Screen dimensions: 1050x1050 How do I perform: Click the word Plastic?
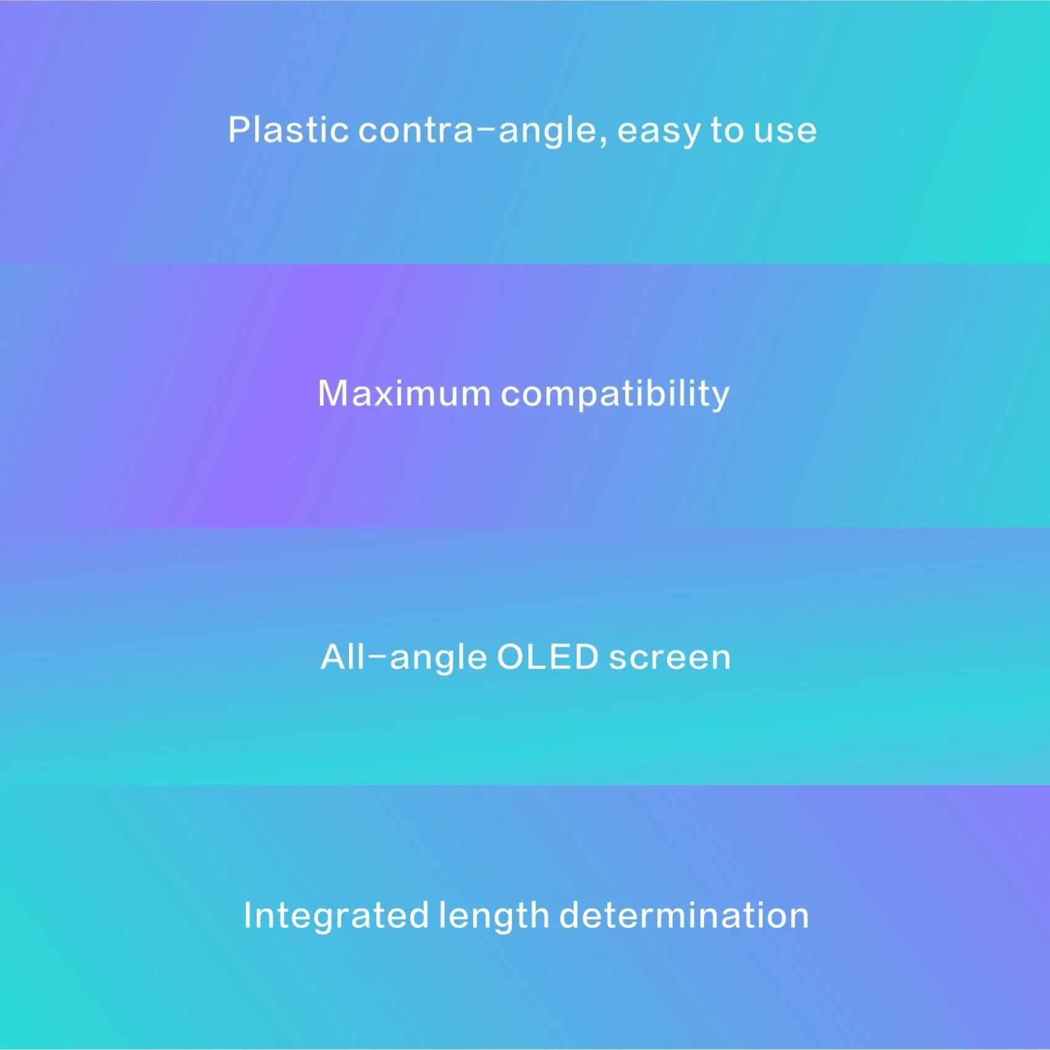click(x=288, y=130)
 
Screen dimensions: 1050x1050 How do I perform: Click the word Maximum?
click(x=404, y=393)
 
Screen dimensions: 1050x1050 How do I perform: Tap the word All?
click(x=343, y=657)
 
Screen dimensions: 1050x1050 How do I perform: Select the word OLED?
click(x=548, y=657)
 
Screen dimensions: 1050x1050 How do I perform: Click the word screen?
click(x=670, y=658)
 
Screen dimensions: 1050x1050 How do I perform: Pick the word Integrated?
click(x=336, y=915)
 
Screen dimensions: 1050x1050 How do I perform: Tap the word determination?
click(x=684, y=915)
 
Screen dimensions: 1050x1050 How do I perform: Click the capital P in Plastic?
click(x=239, y=130)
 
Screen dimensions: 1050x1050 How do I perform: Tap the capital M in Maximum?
click(x=333, y=393)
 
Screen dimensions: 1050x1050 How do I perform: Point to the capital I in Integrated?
click(x=248, y=915)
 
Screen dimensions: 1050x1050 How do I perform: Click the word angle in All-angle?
click(x=438, y=660)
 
